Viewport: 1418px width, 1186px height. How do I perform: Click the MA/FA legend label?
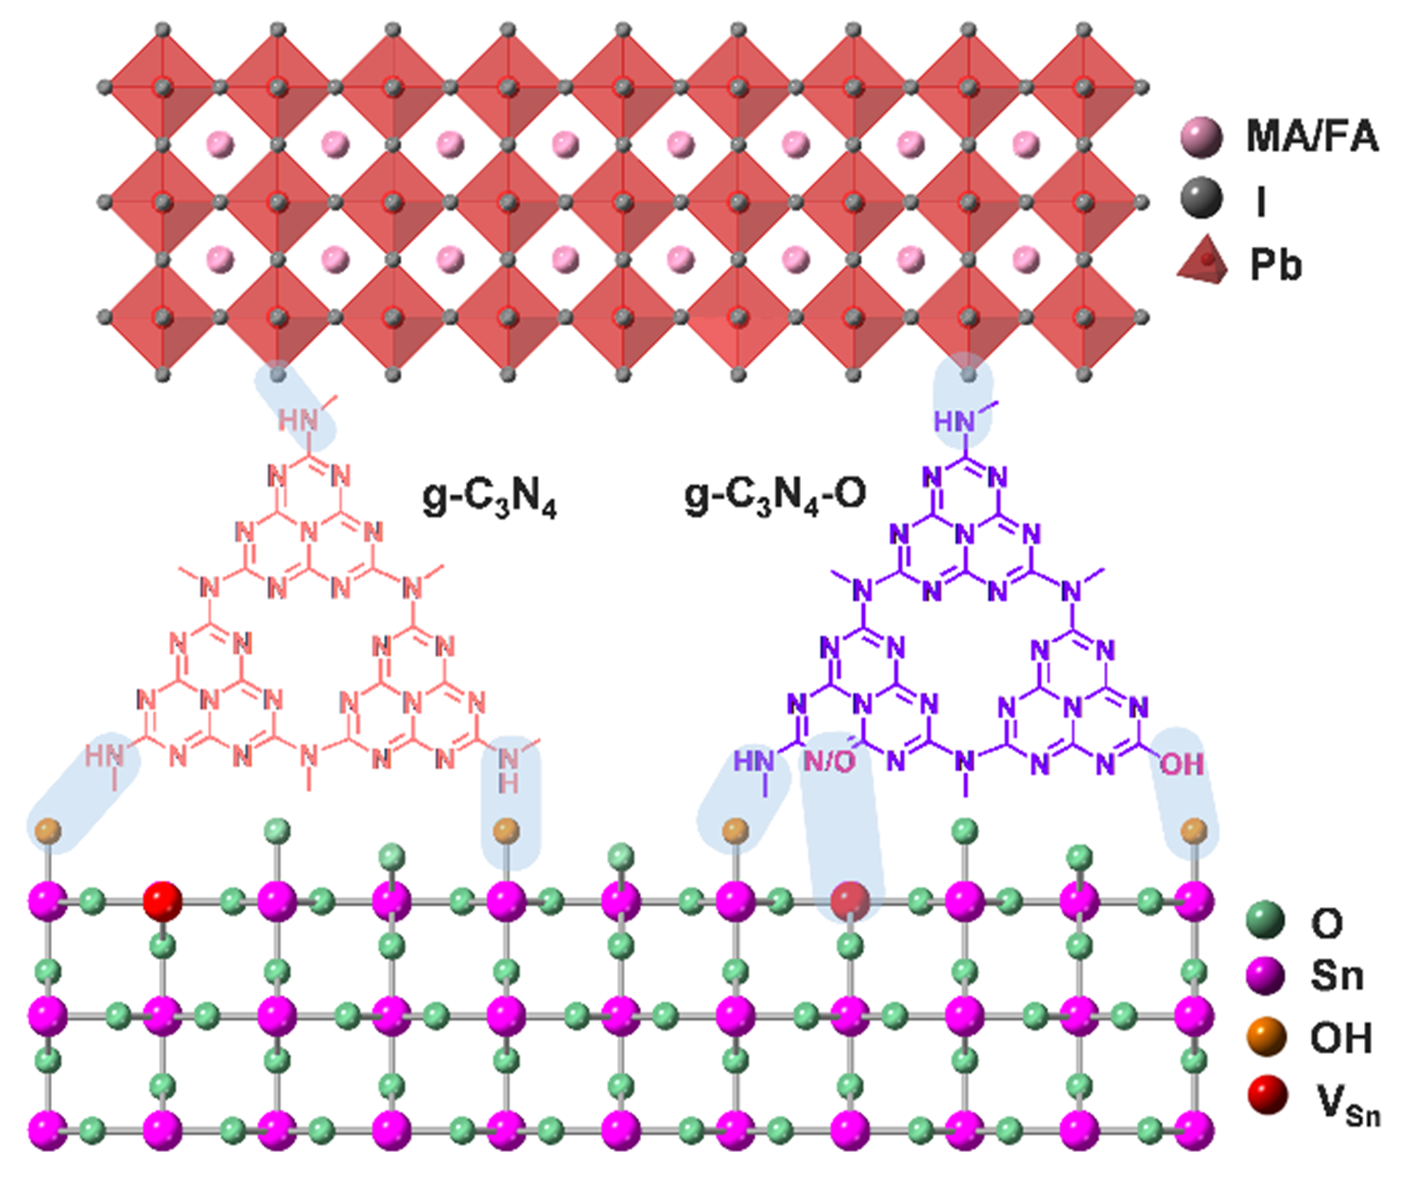[x=1311, y=137]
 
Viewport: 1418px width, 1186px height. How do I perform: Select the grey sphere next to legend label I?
[x=1202, y=200]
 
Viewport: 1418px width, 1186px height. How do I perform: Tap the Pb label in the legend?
[x=1275, y=265]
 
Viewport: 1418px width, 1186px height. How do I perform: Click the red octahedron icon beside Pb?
[x=1202, y=262]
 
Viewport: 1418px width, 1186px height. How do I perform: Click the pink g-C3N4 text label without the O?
[x=489, y=498]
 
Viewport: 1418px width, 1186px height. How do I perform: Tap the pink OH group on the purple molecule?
[x=1182, y=764]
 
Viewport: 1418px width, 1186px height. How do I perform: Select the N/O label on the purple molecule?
[x=829, y=762]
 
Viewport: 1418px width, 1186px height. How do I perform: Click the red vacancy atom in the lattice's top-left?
[x=162, y=901]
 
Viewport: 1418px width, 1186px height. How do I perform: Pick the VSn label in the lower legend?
[x=1348, y=1104]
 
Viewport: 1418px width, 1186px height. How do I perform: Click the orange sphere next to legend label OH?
[x=1267, y=1038]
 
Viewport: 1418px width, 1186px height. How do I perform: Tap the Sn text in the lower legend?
[x=1337, y=975]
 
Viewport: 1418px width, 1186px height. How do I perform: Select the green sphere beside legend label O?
[x=1266, y=920]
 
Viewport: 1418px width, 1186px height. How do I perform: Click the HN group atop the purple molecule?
[x=955, y=421]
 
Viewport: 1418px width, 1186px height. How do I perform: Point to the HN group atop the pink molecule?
[x=298, y=420]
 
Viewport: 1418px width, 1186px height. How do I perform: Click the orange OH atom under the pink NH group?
[x=508, y=831]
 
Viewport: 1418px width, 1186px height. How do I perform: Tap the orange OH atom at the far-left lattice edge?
[x=48, y=832]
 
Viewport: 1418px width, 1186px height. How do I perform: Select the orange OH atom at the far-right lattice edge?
[x=1194, y=831]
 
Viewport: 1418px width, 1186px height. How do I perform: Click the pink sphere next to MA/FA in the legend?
[x=1202, y=138]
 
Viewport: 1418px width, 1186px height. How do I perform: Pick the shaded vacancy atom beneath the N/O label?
[x=849, y=901]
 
